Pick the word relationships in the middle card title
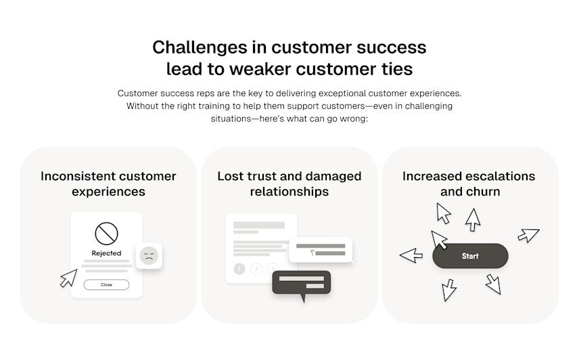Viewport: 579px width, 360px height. [x=289, y=192]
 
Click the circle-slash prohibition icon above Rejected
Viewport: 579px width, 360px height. [x=106, y=233]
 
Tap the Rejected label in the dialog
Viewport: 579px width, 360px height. [x=106, y=253]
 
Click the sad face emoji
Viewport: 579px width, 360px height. [x=149, y=256]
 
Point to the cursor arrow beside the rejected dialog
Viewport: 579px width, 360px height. [x=68, y=277]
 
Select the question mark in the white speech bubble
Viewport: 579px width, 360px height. [x=311, y=253]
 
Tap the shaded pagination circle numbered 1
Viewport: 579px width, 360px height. [x=239, y=269]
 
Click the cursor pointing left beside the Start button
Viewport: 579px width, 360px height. [x=411, y=255]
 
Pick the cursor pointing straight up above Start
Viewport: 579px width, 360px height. [x=473, y=219]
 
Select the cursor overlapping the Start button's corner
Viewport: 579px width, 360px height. [x=439, y=239]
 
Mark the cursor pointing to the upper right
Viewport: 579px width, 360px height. [x=528, y=235]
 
